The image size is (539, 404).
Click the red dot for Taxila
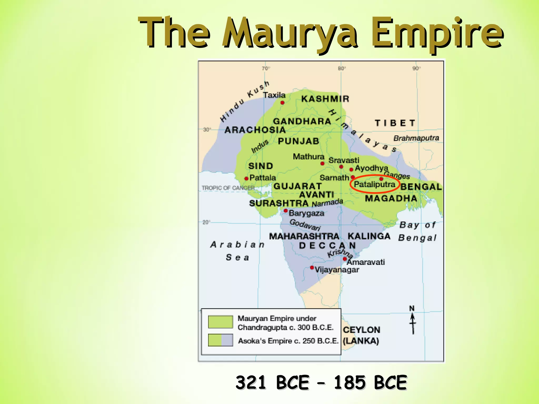point(282,103)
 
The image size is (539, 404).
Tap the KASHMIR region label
point(325,99)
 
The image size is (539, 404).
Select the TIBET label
point(395,123)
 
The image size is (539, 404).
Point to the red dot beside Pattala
point(246,179)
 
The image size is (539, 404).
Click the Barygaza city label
point(306,213)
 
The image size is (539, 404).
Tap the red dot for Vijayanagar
point(312,267)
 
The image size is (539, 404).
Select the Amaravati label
point(366,262)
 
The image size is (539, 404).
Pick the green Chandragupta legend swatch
point(220,322)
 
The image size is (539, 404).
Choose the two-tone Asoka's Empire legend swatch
point(220,340)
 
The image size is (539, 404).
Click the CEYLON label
point(361,330)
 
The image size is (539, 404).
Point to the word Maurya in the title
point(289,33)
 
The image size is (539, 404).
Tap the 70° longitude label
point(266,68)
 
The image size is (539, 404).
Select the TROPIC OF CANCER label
point(228,188)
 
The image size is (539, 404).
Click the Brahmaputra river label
point(416,138)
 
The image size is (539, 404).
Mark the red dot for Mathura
point(322,164)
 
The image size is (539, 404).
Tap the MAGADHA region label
point(391,198)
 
